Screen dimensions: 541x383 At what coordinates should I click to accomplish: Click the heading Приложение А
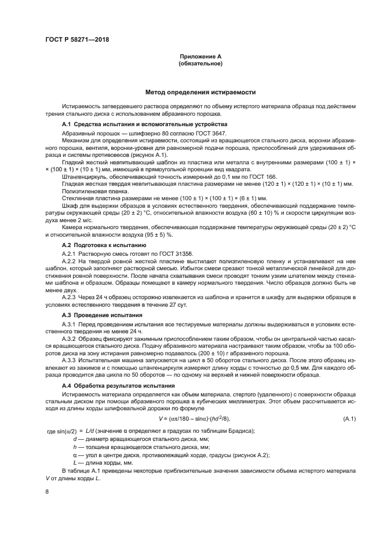click(200, 57)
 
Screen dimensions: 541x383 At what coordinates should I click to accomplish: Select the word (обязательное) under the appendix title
click(200, 64)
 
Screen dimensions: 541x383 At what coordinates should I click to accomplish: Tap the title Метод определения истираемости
click(200, 92)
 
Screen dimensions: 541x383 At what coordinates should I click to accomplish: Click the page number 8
click(48, 492)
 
